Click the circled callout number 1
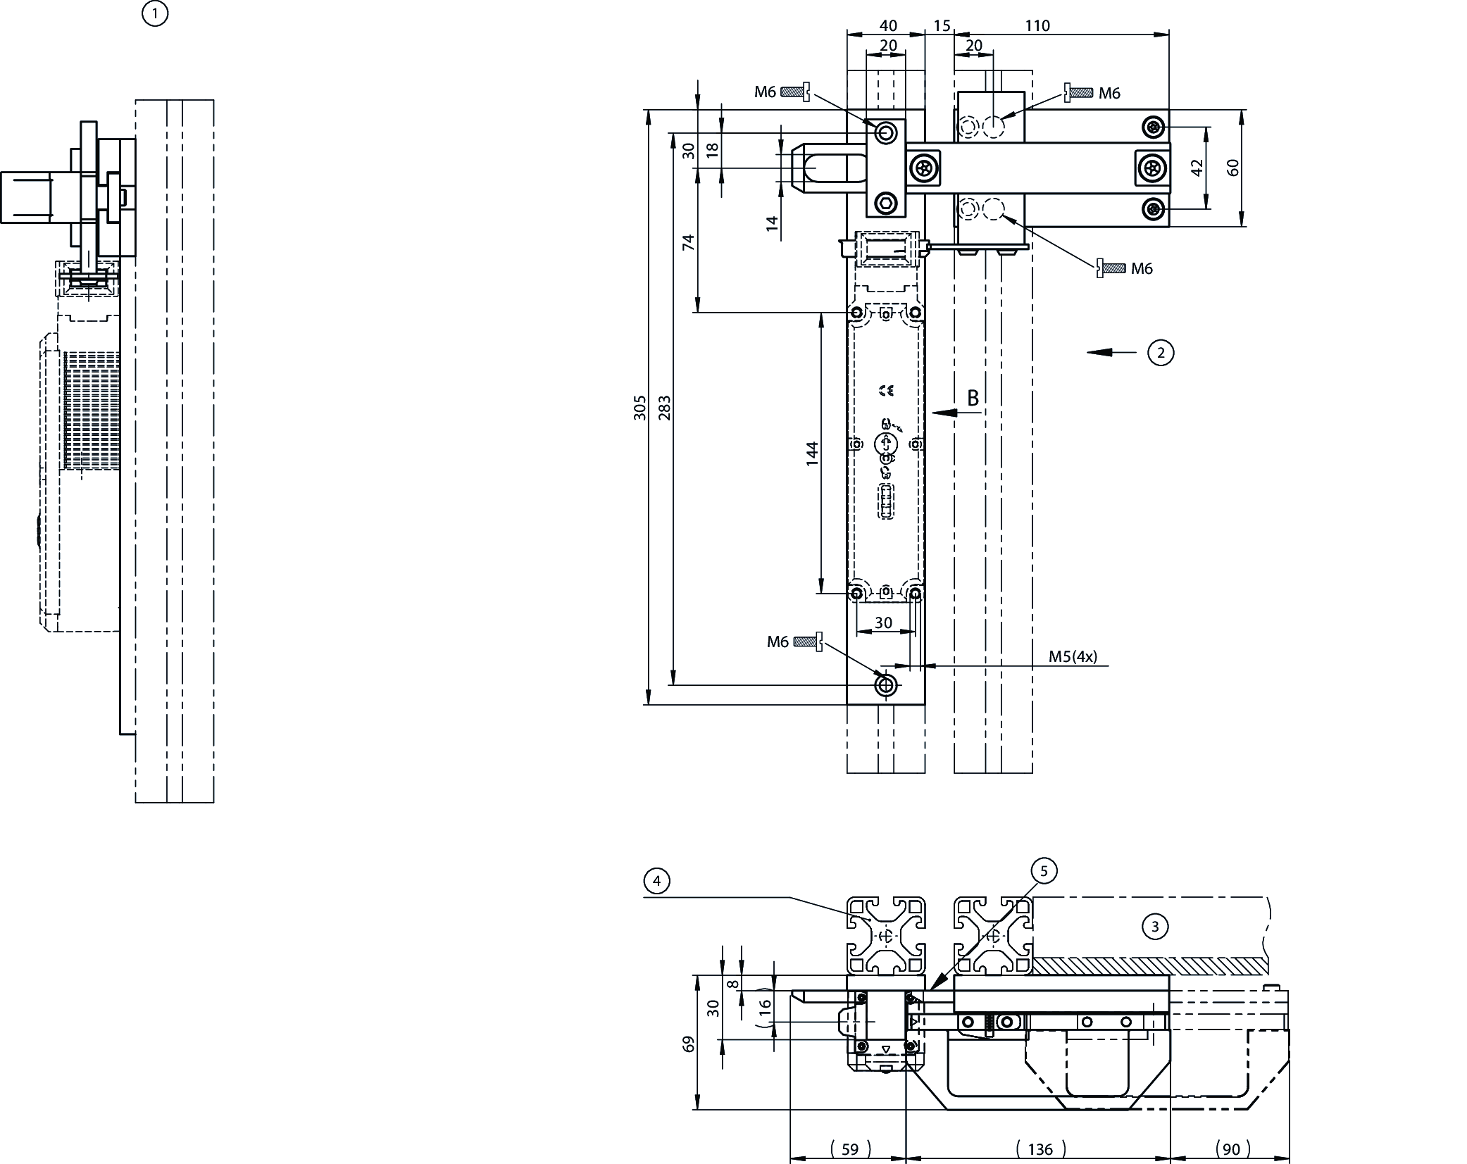click(155, 14)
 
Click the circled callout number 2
click(1161, 352)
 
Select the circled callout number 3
click(1154, 927)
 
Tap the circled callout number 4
click(656, 881)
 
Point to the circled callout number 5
click(1044, 871)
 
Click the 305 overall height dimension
click(639, 408)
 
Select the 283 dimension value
click(664, 408)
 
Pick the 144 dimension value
click(812, 453)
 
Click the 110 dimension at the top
click(1037, 26)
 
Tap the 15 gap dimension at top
click(942, 26)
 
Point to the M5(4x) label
click(1072, 656)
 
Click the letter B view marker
click(973, 399)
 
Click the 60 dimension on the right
click(1232, 168)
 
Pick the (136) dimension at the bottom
click(1040, 1150)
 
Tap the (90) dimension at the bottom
click(1231, 1150)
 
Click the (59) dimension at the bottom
click(849, 1150)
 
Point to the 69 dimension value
click(689, 1044)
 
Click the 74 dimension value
click(689, 242)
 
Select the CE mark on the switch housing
click(887, 390)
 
